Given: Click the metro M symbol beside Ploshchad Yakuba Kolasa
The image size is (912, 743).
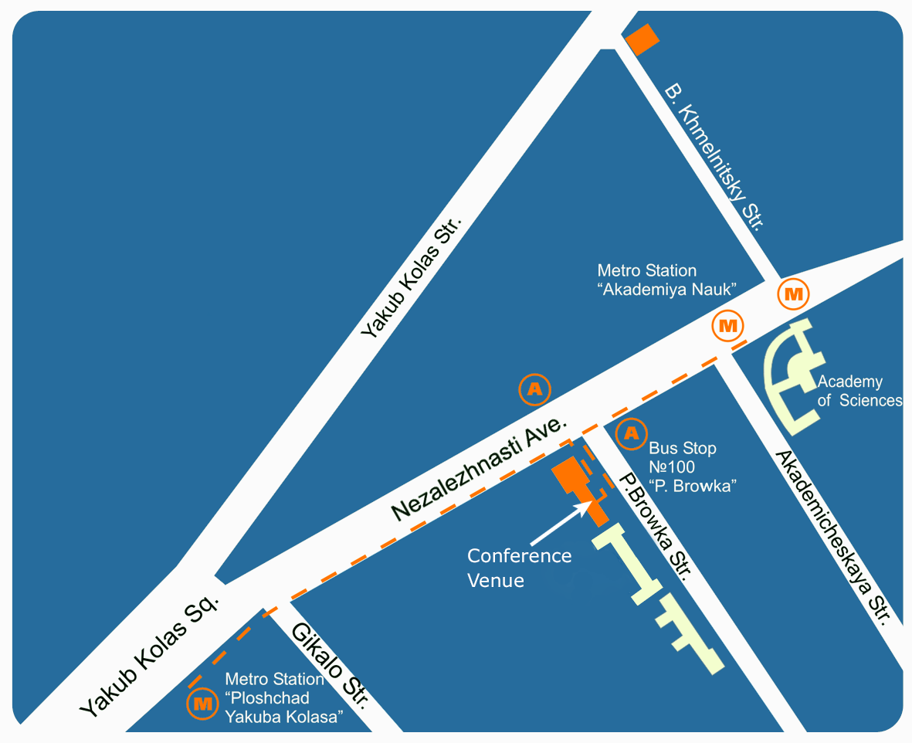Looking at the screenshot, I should click(x=203, y=704).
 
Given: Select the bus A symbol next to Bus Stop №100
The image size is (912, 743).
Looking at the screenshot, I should click(x=632, y=435).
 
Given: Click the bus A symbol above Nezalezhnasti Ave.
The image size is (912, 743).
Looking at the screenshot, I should click(x=534, y=389).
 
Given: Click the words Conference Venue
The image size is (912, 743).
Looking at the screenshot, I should click(x=519, y=568).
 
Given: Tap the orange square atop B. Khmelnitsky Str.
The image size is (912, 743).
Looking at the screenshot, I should click(x=642, y=39).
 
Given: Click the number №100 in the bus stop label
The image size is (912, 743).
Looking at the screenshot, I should click(x=672, y=466).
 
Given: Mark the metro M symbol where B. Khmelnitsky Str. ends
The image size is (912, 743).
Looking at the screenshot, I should click(x=792, y=293).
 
